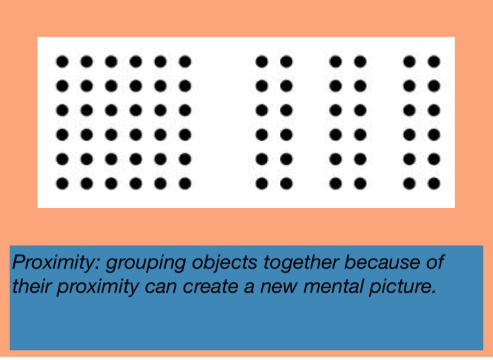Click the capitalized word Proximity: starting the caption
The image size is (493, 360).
[56, 262]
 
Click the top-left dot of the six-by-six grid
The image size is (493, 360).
[62, 62]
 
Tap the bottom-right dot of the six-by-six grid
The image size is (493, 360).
[185, 184]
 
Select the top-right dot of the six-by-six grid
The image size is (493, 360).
[185, 62]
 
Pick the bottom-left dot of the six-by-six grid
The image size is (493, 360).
[62, 184]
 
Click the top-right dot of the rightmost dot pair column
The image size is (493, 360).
[435, 62]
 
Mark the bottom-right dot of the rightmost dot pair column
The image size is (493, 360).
[435, 184]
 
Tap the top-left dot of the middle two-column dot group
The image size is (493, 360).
[336, 62]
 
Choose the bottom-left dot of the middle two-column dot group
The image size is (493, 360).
[336, 184]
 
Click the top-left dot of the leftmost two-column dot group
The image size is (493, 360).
[262, 62]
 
